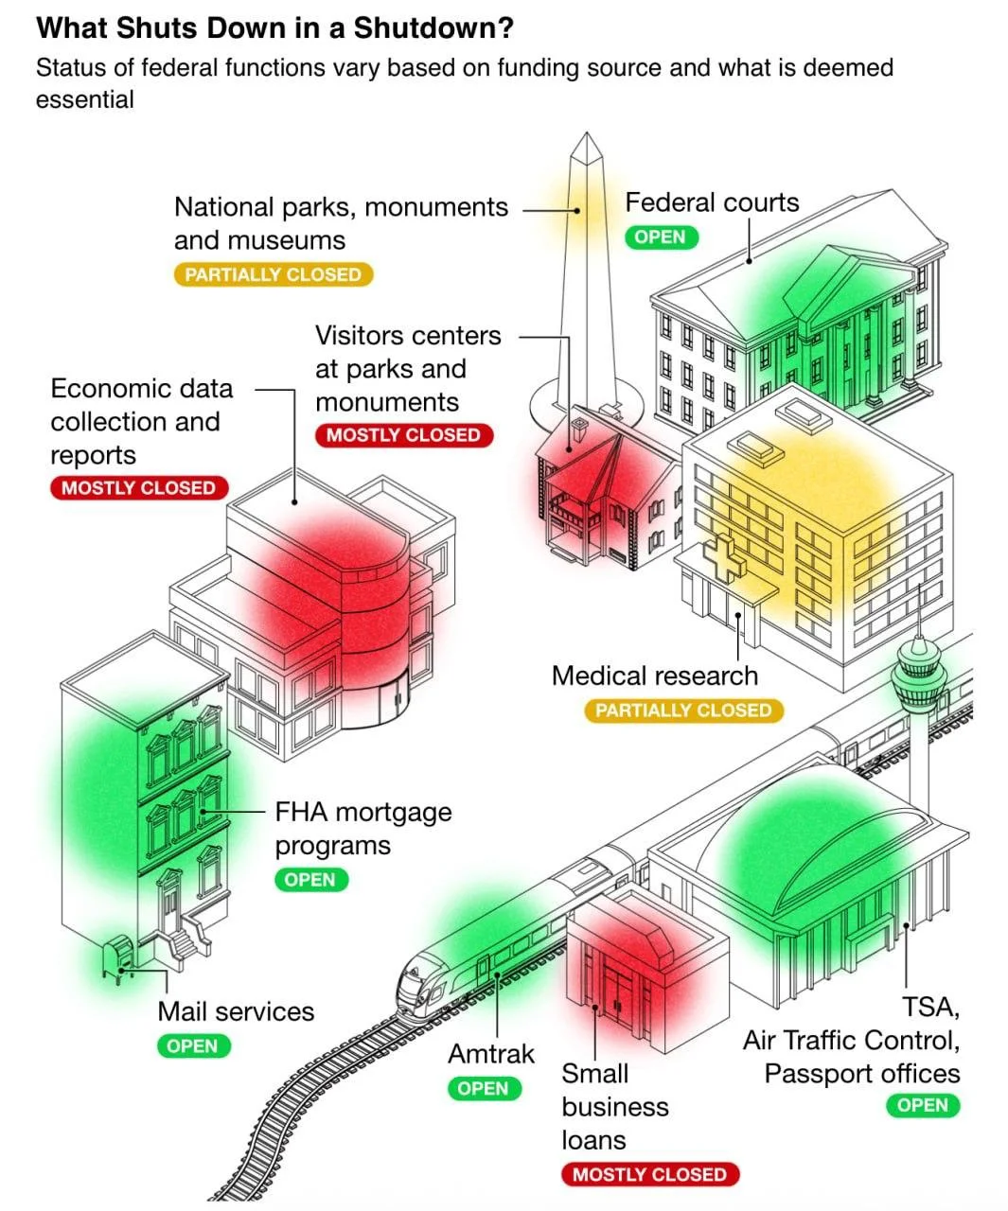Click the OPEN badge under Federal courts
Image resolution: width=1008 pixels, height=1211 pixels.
(661, 237)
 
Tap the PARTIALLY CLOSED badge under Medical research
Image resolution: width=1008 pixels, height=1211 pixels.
(683, 710)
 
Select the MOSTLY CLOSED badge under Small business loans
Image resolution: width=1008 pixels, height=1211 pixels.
(649, 1174)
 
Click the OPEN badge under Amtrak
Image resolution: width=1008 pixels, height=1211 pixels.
(484, 1088)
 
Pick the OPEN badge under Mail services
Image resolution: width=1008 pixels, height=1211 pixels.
(193, 1045)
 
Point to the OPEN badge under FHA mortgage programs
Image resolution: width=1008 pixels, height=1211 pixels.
(310, 879)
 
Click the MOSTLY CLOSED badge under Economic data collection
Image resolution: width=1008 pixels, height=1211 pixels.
(138, 488)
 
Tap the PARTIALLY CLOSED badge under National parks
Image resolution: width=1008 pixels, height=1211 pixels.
(273, 274)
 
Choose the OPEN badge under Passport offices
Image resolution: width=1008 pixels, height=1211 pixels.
(923, 1105)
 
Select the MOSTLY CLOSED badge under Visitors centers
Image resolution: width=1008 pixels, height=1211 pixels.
(403, 435)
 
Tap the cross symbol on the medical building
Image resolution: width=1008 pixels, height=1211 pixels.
(723, 558)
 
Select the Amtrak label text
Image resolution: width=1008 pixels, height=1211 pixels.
(490, 1053)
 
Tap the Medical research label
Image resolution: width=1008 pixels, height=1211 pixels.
(654, 676)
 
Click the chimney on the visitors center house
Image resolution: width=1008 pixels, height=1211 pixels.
(576, 425)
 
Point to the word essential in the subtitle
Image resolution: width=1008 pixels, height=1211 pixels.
(85, 99)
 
